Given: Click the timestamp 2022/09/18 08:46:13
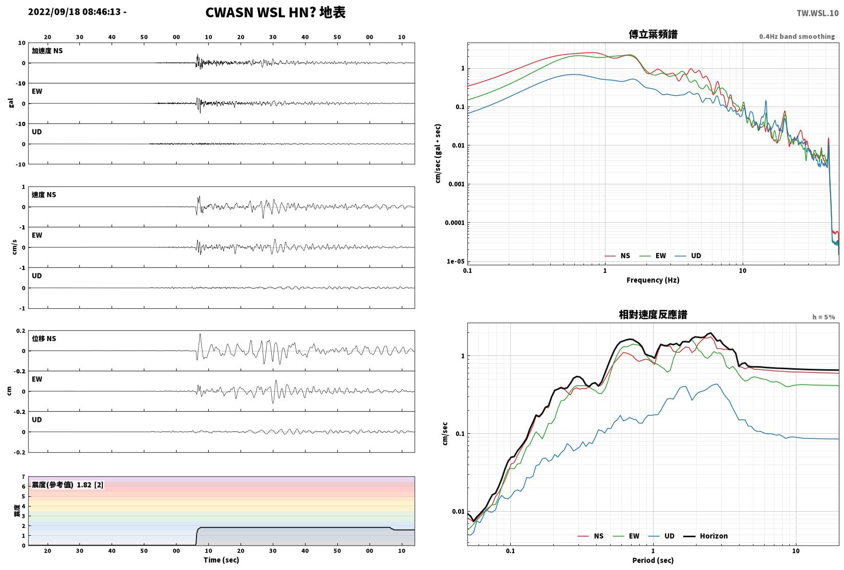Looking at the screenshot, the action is point(75,12).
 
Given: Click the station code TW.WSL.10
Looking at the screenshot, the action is point(817,13).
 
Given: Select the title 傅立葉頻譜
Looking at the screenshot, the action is point(653,34).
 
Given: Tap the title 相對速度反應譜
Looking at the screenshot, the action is point(653,314).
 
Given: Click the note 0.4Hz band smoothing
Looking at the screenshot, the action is point(797,36).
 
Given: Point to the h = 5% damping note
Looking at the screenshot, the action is point(824,317).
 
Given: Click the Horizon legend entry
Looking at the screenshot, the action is point(706,536).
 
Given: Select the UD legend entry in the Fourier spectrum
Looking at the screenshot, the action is point(688,256).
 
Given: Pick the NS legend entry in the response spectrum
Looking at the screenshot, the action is point(591,536).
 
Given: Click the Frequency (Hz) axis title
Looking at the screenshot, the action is point(653,280).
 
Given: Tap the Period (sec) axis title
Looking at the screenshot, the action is point(653,561).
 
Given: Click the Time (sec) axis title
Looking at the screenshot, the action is point(222,560).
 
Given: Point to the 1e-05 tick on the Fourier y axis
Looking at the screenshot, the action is point(456,261).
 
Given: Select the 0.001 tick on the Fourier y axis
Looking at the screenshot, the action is point(456,184).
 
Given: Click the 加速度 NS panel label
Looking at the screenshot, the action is point(47,51).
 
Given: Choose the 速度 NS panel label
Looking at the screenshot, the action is point(44,195).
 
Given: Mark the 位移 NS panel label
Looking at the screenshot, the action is point(44,339).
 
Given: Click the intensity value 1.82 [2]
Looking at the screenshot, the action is point(90,485).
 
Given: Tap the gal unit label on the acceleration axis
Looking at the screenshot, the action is point(11,103).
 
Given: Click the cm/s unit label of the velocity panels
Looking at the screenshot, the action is point(14,247).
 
